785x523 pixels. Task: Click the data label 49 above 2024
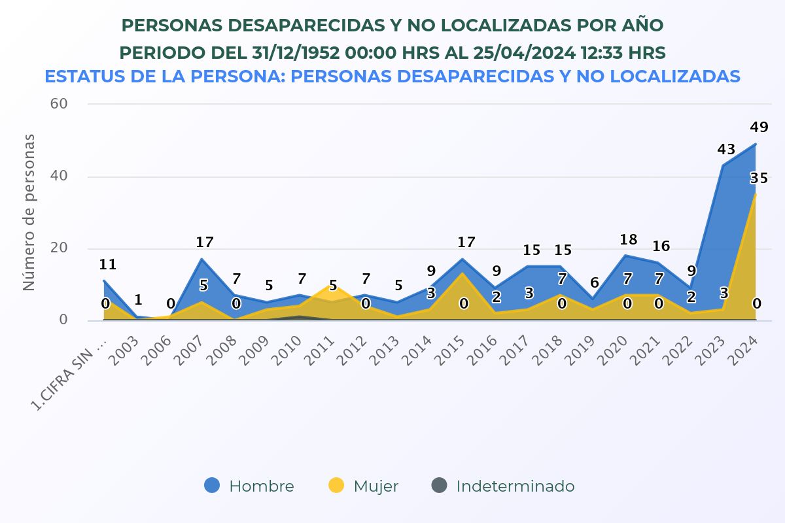[759, 127]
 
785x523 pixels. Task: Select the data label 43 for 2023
[726, 150]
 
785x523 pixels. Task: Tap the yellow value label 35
[759, 178]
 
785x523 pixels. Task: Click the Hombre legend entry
[249, 486]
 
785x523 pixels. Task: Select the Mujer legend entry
[363, 486]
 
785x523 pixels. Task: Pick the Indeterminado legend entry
[503, 486]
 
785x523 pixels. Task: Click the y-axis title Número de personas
[29, 212]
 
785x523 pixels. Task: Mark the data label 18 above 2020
[627, 240]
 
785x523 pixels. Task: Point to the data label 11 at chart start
[108, 265]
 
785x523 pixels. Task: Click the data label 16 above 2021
[661, 246]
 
